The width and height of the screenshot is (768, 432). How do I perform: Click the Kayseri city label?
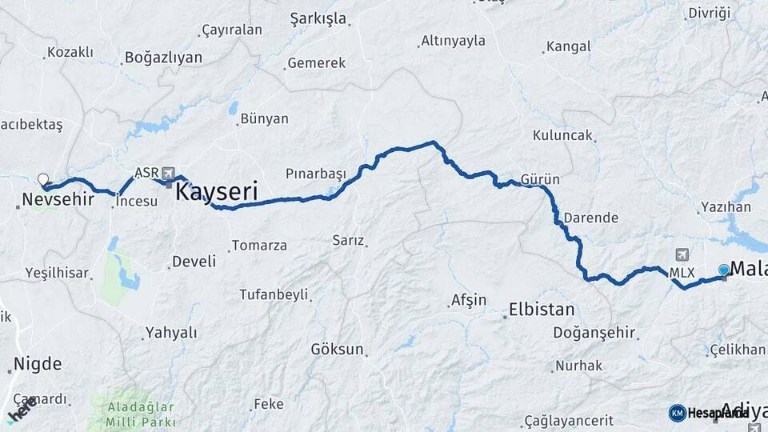point(216,192)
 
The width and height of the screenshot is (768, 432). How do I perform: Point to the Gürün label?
point(540,179)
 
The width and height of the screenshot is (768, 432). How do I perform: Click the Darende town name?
point(590,218)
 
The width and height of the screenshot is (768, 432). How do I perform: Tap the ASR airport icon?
point(168,173)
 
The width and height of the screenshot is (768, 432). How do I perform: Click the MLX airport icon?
point(682,255)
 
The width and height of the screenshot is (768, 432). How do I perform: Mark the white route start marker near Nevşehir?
point(42,180)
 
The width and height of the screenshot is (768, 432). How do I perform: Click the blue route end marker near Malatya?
point(724,270)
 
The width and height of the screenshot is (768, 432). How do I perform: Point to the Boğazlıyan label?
point(163,58)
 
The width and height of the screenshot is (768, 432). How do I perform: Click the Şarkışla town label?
point(318,18)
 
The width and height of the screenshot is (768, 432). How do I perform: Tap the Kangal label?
point(570,47)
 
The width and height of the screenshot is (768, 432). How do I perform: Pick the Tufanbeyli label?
point(274,294)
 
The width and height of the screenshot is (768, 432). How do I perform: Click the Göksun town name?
point(337,350)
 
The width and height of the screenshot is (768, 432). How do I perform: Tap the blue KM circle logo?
point(677,413)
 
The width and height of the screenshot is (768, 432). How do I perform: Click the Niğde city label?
point(37,365)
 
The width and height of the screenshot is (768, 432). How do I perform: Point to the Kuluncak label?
point(563,135)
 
